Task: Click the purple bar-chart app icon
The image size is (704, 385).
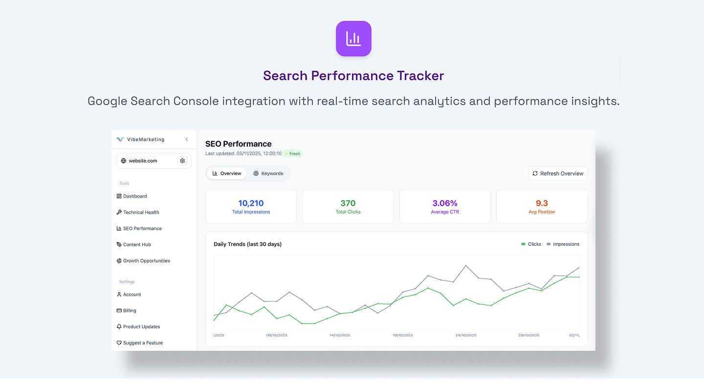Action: click(353, 39)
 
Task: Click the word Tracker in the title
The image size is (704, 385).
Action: click(420, 76)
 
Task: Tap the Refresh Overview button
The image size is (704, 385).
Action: click(558, 173)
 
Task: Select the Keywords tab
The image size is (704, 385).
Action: click(268, 173)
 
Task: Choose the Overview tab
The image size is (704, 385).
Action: click(227, 173)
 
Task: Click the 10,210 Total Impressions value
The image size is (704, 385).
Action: click(251, 203)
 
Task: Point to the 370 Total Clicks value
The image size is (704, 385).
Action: click(348, 203)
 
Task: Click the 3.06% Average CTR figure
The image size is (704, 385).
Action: click(444, 203)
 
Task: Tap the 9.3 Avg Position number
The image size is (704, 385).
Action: click(542, 203)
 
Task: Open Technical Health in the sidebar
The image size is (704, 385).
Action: click(141, 213)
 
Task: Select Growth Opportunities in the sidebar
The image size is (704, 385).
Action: click(146, 261)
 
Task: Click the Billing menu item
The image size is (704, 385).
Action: click(130, 311)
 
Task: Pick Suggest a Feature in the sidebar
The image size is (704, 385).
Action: click(143, 343)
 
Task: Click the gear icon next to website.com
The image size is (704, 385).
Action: click(182, 161)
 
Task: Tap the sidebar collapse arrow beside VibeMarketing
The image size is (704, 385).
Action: click(187, 140)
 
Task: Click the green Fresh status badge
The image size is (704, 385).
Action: click(292, 153)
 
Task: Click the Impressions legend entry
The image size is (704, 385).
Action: click(563, 244)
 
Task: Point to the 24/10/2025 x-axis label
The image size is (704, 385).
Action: click(465, 335)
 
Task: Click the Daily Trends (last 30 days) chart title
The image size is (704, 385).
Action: click(247, 244)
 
